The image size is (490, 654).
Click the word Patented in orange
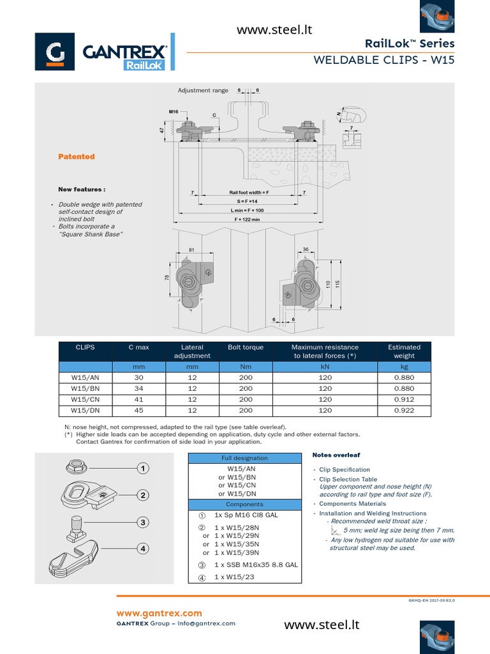click(77, 156)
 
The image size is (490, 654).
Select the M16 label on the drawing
click(174, 112)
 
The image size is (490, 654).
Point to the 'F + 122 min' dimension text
click(247, 219)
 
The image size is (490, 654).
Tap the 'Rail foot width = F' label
click(249, 192)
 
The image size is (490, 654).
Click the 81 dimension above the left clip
click(191, 250)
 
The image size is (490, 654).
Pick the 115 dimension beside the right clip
click(338, 283)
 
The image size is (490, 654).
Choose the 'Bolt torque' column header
click(246, 347)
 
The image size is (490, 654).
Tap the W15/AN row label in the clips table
click(84, 377)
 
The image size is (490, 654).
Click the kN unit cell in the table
click(325, 367)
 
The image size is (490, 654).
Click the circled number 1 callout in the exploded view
click(144, 469)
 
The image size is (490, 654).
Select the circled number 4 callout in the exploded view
click(144, 548)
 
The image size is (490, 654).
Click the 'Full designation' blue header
click(244, 458)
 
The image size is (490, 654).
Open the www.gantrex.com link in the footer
click(159, 613)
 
